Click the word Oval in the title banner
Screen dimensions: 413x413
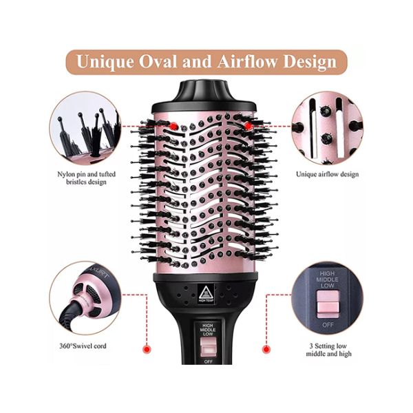(x=156, y=61)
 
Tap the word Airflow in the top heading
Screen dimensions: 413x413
(x=250, y=61)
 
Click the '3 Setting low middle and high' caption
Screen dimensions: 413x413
(x=330, y=349)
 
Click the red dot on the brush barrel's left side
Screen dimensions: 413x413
(x=175, y=126)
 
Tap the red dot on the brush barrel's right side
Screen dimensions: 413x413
(x=246, y=127)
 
